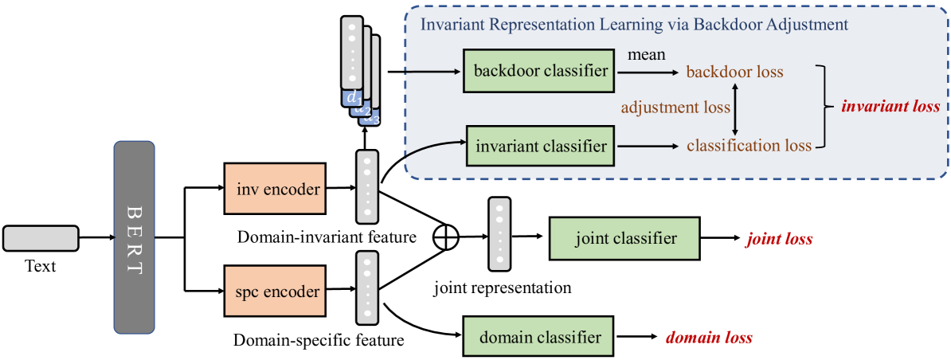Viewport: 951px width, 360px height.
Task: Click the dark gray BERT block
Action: [x=134, y=237]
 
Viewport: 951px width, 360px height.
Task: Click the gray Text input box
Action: [x=41, y=238]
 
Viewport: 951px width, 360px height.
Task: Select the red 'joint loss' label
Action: [x=779, y=239]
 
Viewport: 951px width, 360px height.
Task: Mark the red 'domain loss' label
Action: [x=710, y=337]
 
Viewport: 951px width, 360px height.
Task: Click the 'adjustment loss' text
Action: [x=675, y=108]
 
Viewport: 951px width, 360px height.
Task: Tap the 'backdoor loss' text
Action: [x=735, y=72]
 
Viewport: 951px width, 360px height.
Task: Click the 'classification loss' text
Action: [x=749, y=146]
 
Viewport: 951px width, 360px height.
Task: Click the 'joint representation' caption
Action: [x=503, y=288]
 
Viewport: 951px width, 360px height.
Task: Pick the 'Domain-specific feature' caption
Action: [x=319, y=340]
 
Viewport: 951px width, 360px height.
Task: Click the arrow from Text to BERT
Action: [x=96, y=238]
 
